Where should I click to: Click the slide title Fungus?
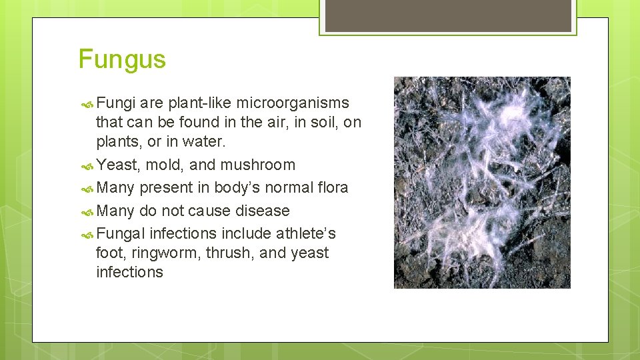coord(122,59)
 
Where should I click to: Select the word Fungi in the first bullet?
coord(116,103)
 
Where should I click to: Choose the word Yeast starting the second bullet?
coord(118,165)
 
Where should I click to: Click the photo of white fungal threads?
coord(482,183)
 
